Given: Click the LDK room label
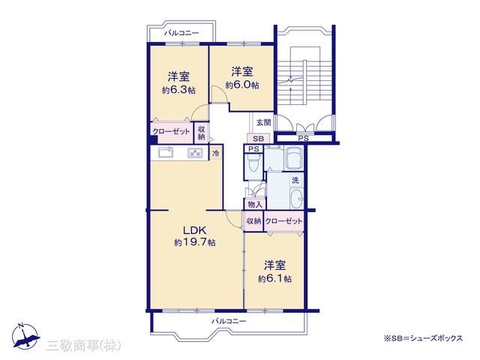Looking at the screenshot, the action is coord(195,230).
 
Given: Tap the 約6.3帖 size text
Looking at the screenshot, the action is coord(178,90).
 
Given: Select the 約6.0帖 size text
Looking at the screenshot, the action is coord(242,85).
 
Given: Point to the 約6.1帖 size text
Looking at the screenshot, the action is coord(274,279).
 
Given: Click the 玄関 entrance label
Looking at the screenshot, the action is coord(263,122).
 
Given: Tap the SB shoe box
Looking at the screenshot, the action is coord(258,139).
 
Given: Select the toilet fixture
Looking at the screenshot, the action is coord(253,162).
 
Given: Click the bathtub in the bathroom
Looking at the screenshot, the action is coord(294,157).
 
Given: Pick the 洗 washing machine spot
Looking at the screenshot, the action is coord(295,180).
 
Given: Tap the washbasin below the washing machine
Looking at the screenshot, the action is coord(296,198).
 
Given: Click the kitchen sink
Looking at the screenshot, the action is coord(166,152).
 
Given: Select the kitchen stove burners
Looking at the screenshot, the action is coord(195,152).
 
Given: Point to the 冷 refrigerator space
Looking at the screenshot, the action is coord(216,153).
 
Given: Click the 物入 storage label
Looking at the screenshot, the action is coord(255,204).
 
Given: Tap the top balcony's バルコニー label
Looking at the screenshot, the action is coord(181,33).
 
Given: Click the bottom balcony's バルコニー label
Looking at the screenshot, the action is coord(229,321).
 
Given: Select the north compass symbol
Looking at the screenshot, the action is coord(25,336).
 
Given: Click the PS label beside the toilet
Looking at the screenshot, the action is coord(253,149).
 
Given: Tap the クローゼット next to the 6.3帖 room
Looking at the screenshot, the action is coord(172,132).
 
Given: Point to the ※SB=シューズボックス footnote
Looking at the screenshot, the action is coord(423,338).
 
